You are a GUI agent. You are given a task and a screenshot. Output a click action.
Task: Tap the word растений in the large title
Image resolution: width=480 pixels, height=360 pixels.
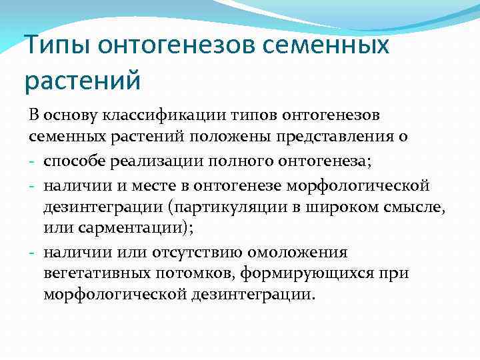[83, 81]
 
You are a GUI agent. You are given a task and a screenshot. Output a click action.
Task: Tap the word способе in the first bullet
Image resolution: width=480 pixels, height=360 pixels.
[75, 161]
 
